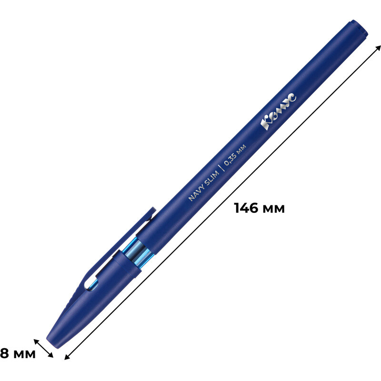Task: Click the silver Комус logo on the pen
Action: pos(279,111)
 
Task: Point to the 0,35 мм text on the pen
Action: pos(235,155)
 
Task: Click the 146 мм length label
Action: pos(259,208)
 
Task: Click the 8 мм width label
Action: pos(18,353)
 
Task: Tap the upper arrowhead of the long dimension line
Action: pos(377,48)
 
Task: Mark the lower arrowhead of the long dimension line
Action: pos(67,356)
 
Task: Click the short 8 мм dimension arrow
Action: pos(43,349)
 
